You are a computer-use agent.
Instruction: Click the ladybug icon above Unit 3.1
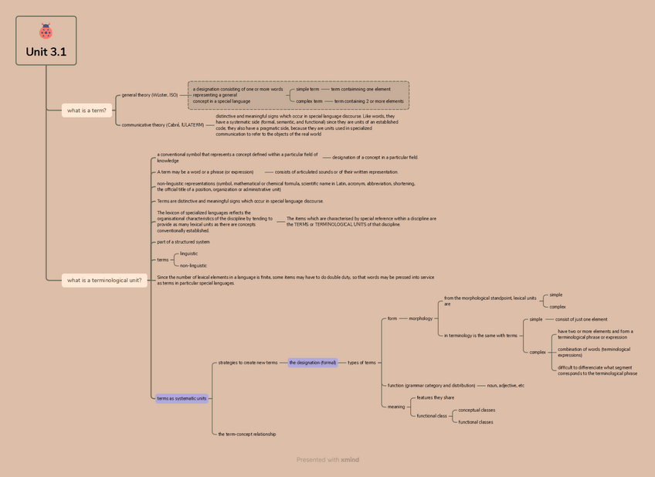[46, 32]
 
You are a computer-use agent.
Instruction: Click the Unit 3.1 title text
[46, 52]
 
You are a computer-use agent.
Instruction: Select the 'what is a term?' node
[87, 111]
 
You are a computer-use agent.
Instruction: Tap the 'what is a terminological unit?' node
[104, 281]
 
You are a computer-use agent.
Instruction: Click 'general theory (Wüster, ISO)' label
[150, 95]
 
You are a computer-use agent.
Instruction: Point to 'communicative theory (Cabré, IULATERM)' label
[163, 124]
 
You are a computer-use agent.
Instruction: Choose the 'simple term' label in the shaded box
[307, 89]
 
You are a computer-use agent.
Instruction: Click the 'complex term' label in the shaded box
[309, 101]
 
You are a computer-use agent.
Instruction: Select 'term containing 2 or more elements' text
[368, 101]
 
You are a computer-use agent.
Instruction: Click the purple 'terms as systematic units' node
[182, 399]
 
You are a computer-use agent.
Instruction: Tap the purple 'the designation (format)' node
[313, 363]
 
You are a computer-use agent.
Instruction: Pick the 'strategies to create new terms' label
[247, 363]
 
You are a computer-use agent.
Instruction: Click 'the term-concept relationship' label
[246, 434]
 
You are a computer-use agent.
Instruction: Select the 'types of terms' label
[361, 363]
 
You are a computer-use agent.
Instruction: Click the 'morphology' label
[421, 319]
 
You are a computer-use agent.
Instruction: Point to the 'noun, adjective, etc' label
[505, 385]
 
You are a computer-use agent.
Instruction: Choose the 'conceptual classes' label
[477, 410]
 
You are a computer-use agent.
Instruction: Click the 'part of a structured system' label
[183, 242]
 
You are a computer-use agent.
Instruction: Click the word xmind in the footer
[350, 460]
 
